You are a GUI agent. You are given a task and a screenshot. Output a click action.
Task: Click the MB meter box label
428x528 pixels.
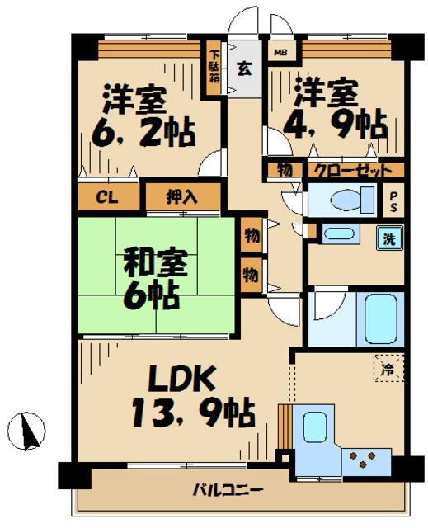[x=280, y=53]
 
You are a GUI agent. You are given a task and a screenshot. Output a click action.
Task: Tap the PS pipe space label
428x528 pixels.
[x=393, y=202]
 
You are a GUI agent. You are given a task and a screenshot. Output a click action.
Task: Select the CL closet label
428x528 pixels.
[x=107, y=197]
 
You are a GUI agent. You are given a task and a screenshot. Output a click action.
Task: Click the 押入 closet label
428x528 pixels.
[x=181, y=197]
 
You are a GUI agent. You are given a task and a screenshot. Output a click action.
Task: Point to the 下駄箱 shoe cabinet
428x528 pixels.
[x=214, y=68]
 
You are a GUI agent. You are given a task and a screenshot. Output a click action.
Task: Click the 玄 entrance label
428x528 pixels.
[x=245, y=68]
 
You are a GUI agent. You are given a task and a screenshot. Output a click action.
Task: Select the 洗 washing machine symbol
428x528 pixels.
[x=389, y=238]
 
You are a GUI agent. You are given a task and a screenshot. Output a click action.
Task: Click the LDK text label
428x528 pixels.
[x=181, y=379]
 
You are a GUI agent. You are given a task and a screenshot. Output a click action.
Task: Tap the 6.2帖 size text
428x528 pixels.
[x=144, y=131]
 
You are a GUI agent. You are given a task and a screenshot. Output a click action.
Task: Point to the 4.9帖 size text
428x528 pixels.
[x=336, y=124]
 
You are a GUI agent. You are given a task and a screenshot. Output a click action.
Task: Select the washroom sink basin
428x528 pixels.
[x=338, y=233]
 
